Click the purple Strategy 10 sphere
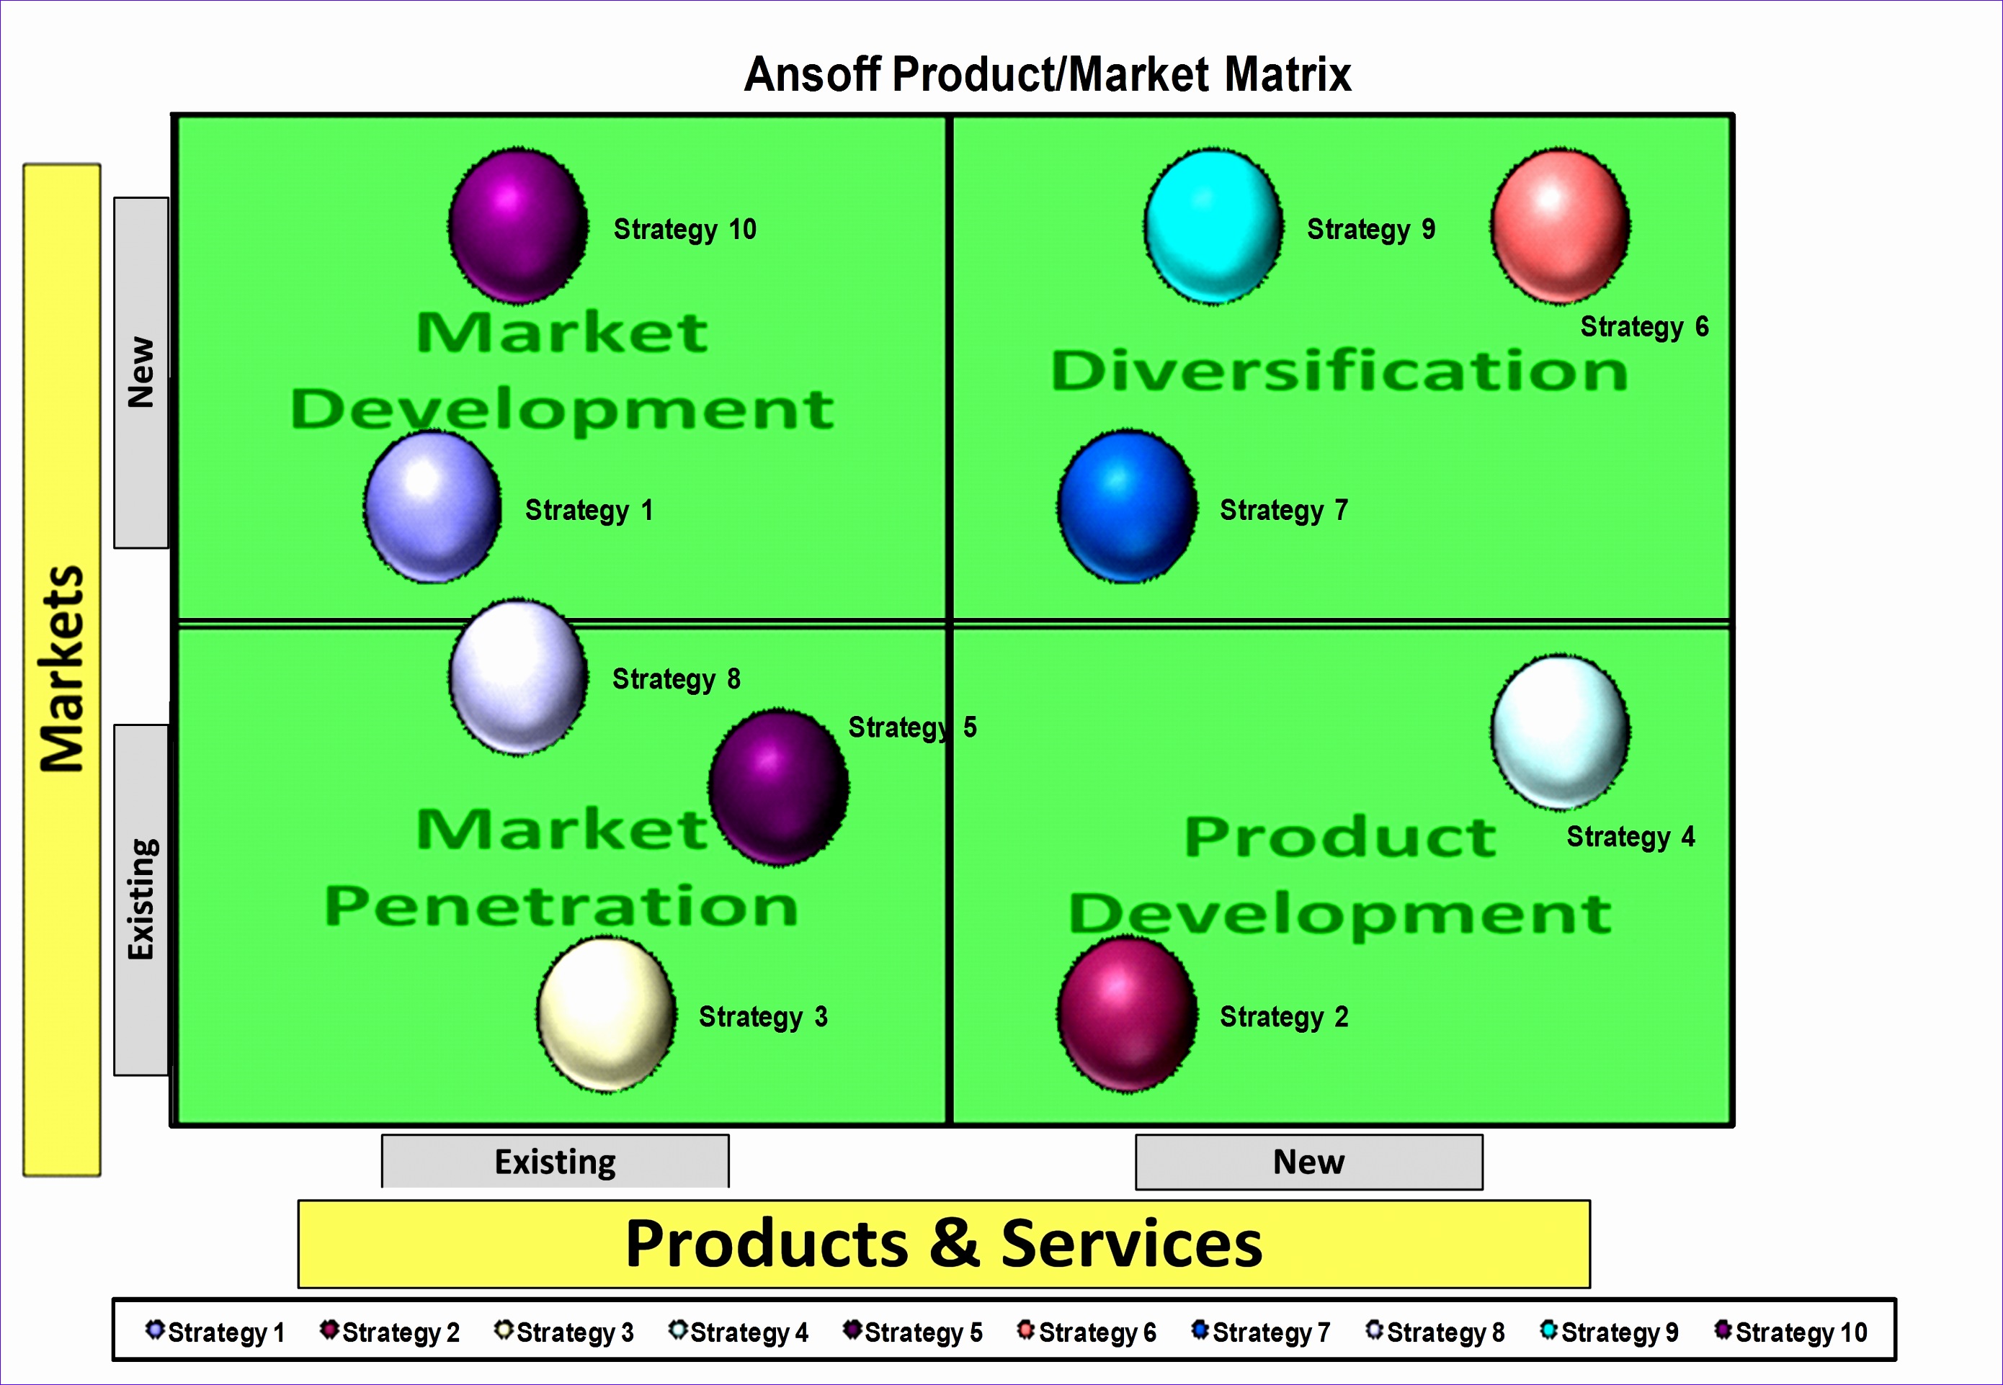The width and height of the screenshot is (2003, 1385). [517, 226]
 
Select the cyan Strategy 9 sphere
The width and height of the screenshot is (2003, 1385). [1213, 226]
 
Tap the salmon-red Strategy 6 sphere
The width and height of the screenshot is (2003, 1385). [1559, 226]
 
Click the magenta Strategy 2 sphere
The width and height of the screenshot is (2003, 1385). [1127, 1013]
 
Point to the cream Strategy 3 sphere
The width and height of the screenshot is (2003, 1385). [606, 1013]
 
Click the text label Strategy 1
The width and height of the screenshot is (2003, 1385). [589, 510]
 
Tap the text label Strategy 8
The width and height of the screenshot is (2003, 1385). [677, 678]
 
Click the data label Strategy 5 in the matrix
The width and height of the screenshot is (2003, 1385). [911, 727]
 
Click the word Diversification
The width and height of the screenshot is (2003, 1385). [1339, 372]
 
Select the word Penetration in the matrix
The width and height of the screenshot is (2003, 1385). [561, 906]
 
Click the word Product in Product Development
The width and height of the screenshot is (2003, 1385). [1339, 837]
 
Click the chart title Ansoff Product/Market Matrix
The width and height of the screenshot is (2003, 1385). [1047, 75]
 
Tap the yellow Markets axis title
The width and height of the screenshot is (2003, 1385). [62, 668]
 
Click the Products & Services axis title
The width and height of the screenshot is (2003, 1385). [944, 1244]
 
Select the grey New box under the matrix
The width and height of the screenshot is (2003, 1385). [1308, 1162]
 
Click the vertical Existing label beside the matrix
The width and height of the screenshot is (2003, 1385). [140, 899]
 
